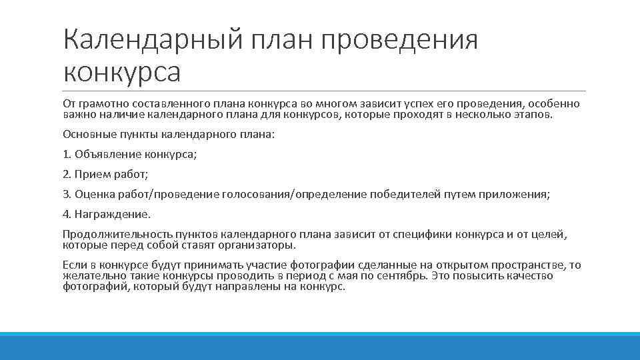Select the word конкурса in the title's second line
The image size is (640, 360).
(x=121, y=71)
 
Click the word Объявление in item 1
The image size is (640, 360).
(x=107, y=155)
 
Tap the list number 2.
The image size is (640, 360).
(x=66, y=175)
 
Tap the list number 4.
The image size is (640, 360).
(x=66, y=215)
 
